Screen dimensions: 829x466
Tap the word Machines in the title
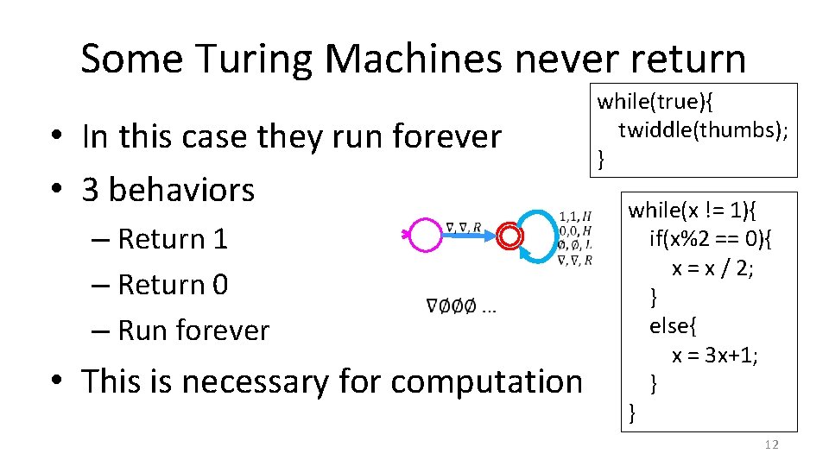[427, 59]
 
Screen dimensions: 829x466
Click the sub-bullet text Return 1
[172, 238]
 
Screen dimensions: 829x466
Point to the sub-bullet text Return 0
[172, 284]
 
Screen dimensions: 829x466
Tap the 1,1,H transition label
[574, 216]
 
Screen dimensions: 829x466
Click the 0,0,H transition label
[574, 230]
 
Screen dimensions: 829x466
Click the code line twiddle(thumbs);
[703, 129]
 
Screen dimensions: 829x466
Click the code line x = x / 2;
[712, 268]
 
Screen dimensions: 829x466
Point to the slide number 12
[771, 444]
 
